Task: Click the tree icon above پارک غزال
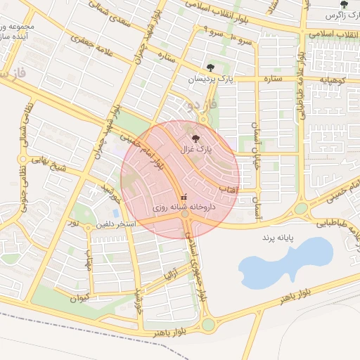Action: coord(195,139)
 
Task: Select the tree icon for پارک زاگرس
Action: coord(344,4)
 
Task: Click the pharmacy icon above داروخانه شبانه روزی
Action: coord(184,197)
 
